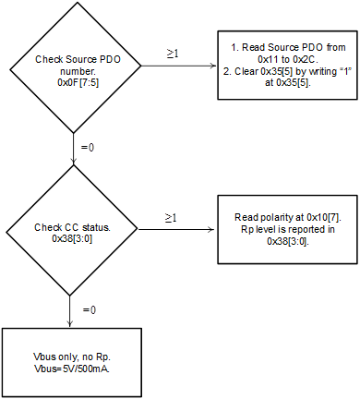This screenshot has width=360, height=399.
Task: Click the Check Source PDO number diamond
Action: pyautogui.click(x=71, y=70)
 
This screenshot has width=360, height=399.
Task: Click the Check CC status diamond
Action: pyautogui.click(x=71, y=232)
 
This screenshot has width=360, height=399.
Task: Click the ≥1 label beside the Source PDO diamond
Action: pyautogui.click(x=172, y=54)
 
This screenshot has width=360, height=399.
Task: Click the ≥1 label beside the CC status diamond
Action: pyautogui.click(x=172, y=217)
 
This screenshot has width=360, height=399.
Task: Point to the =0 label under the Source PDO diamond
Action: pyautogui.click(x=89, y=147)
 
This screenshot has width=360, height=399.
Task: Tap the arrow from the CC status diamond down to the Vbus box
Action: pyautogui.click(x=71, y=310)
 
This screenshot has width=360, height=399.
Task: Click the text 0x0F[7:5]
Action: pyautogui.click(x=71, y=82)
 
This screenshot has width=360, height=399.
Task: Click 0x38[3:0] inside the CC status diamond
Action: pyautogui.click(x=71, y=238)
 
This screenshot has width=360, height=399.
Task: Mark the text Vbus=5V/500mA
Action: pyautogui.click(x=71, y=368)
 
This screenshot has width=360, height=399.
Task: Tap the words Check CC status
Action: pyautogui.click(x=71, y=226)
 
